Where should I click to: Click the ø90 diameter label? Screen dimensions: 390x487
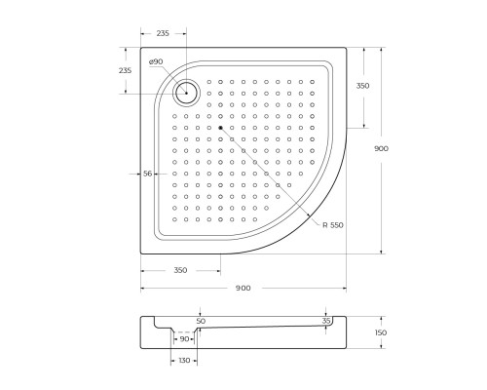pyautogui.click(x=156, y=62)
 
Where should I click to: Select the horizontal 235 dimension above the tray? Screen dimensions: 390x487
pyautogui.click(x=163, y=34)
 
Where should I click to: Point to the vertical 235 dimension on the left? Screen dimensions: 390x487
pyautogui.click(x=125, y=71)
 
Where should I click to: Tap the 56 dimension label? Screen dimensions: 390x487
pyautogui.click(x=148, y=174)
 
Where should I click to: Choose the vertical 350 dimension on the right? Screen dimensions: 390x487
pyautogui.click(x=362, y=86)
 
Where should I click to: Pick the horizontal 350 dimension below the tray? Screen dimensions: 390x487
pyautogui.click(x=181, y=270)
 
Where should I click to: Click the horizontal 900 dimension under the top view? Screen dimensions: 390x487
pyautogui.click(x=243, y=288)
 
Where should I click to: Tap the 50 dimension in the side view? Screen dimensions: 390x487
pyautogui.click(x=201, y=320)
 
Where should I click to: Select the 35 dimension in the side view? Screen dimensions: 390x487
pyautogui.click(x=326, y=319)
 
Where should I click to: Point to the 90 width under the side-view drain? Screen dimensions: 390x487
pyautogui.click(x=183, y=338)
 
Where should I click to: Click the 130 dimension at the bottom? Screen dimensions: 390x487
pyautogui.click(x=184, y=361)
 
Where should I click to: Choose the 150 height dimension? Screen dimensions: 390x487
pyautogui.click(x=381, y=333)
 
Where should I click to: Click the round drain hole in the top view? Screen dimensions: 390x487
pyautogui.click(x=187, y=93)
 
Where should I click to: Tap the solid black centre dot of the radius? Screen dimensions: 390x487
pyautogui.click(x=221, y=128)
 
